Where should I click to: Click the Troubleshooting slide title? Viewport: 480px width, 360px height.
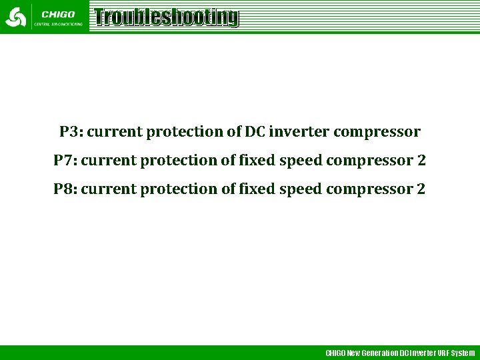[166, 17]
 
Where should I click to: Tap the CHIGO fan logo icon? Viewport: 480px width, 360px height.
[15, 17]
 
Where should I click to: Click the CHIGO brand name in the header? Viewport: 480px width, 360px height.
[57, 13]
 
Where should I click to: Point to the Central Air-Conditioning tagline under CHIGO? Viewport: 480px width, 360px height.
[59, 24]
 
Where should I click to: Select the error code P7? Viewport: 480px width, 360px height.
[65, 161]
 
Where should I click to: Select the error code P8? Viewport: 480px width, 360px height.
[65, 189]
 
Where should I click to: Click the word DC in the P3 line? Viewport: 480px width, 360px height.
[255, 132]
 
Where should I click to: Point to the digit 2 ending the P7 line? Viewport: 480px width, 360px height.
[421, 161]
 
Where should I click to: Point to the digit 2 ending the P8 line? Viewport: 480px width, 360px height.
[421, 189]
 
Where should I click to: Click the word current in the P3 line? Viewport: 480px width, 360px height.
[115, 132]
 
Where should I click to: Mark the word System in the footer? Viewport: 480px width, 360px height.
[463, 353]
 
